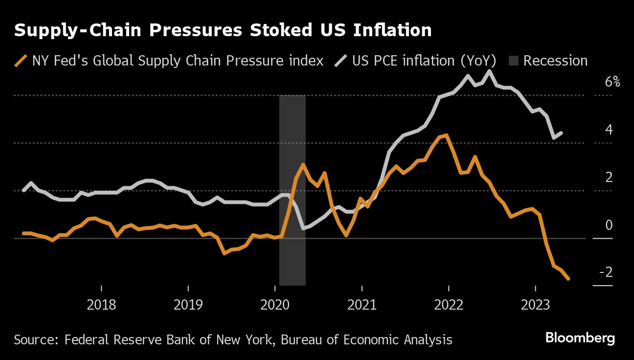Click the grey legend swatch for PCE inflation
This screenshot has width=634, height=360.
pyautogui.click(x=340, y=61)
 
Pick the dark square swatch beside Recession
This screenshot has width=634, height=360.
pyautogui.click(x=513, y=61)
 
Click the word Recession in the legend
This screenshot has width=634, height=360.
pyautogui.click(x=555, y=61)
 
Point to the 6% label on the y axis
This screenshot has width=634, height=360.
pyautogui.click(x=612, y=82)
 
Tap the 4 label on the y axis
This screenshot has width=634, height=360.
pyautogui.click(x=609, y=130)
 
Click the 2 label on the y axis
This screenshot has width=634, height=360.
pyautogui.click(x=609, y=177)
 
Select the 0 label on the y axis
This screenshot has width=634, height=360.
pyautogui.click(x=609, y=225)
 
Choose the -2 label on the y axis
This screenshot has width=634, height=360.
pyautogui.click(x=606, y=272)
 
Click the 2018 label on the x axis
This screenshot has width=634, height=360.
pyautogui.click(x=101, y=305)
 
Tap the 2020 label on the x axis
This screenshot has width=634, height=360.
pyautogui.click(x=275, y=305)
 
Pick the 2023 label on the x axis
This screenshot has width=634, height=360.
pyautogui.click(x=535, y=305)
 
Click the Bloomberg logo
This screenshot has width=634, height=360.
pyautogui.click(x=580, y=338)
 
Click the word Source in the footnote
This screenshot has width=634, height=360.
pyautogui.click(x=31, y=339)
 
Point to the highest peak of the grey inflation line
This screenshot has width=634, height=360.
pyautogui.click(x=489, y=71)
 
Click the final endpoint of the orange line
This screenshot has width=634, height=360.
pyautogui.click(x=568, y=279)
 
